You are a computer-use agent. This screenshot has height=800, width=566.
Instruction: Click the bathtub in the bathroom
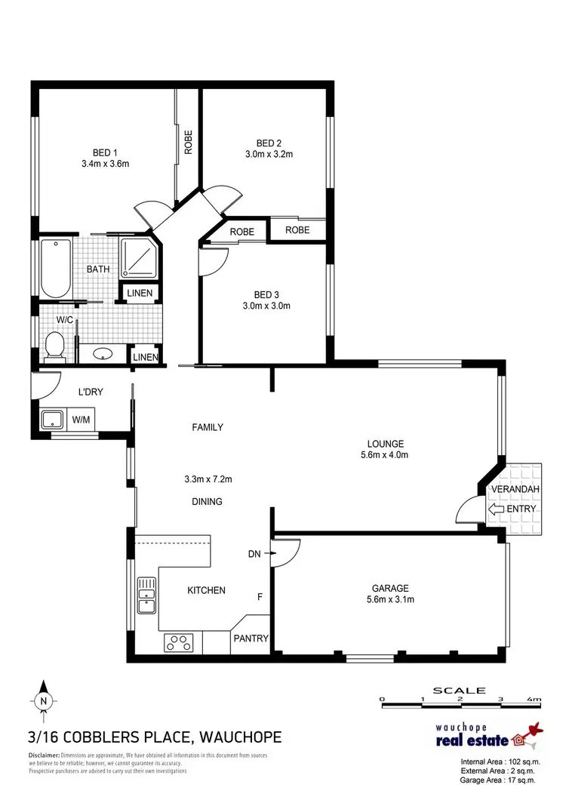coord(55,268)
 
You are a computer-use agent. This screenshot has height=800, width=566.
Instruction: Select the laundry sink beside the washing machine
coord(51,420)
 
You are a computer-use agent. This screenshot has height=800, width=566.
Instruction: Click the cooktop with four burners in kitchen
coord(179,642)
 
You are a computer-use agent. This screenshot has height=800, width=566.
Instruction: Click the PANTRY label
coord(250,638)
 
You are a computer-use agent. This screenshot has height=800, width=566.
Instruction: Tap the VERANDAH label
coord(515,490)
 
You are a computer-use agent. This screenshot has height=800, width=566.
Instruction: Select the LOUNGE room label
coord(386,444)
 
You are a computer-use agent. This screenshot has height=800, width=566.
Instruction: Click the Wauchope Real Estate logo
coord(490,735)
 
